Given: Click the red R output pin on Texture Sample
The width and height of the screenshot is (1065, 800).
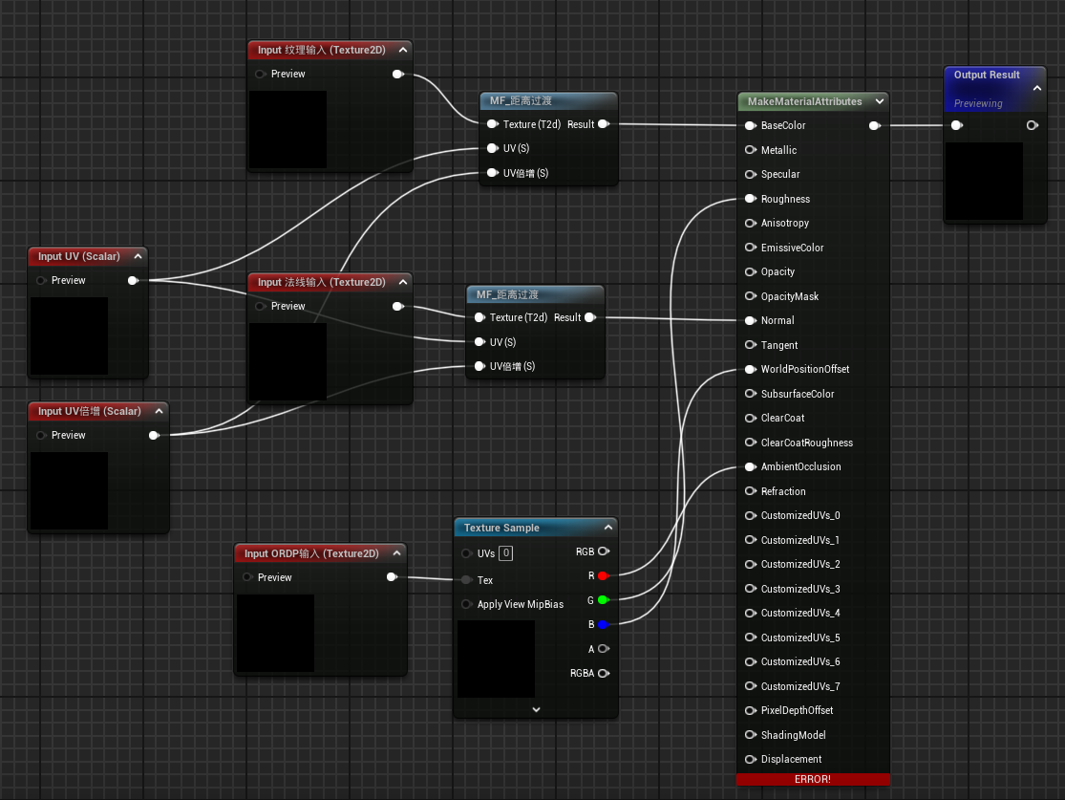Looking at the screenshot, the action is point(603,575).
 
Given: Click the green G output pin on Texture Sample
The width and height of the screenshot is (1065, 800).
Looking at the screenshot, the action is point(603,600).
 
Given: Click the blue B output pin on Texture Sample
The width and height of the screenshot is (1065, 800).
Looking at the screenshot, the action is point(603,625).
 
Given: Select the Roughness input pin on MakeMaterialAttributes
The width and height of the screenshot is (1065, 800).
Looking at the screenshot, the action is point(751,199).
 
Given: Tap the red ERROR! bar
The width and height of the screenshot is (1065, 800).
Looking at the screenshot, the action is point(813,779).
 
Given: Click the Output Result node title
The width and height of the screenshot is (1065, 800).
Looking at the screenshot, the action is point(987,75).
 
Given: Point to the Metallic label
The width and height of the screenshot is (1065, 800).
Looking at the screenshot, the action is point(778,150).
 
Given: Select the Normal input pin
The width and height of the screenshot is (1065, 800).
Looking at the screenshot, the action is point(751,320).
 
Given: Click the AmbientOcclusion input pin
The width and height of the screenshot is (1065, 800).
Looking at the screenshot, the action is point(751,467).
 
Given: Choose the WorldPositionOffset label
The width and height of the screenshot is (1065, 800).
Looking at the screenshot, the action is point(805,369).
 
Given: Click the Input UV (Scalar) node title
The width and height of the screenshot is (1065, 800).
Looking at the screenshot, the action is point(78,256).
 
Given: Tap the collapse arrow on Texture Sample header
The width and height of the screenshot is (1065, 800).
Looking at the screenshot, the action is point(607,528).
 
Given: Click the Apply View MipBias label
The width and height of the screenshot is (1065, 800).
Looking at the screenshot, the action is point(521,604).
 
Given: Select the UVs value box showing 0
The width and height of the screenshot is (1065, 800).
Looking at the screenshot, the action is point(506,553).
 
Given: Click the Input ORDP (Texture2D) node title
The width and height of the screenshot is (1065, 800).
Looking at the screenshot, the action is point(311,553).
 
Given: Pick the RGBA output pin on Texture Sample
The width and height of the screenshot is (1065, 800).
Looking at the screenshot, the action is point(604,673).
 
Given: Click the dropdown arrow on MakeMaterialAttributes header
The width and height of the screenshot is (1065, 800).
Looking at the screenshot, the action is point(880,101).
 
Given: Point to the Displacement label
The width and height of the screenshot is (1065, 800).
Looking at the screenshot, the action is point(791,759).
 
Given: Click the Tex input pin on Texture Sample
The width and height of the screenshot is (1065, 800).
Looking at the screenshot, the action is point(467,580).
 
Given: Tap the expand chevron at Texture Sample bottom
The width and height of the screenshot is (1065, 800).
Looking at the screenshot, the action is point(536,709).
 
